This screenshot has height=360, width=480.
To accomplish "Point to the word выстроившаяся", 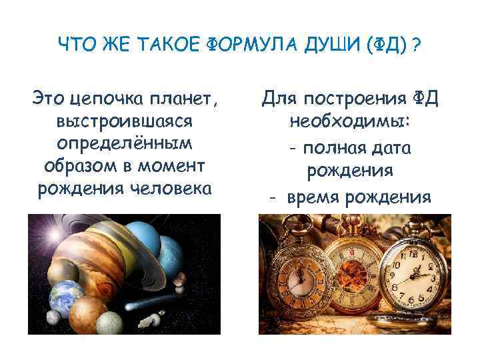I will pyautogui.click(x=125, y=122).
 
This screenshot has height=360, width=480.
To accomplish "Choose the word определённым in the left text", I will pyautogui.click(x=125, y=144).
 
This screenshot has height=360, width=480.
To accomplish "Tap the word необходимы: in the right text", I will pyautogui.click(x=349, y=122).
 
